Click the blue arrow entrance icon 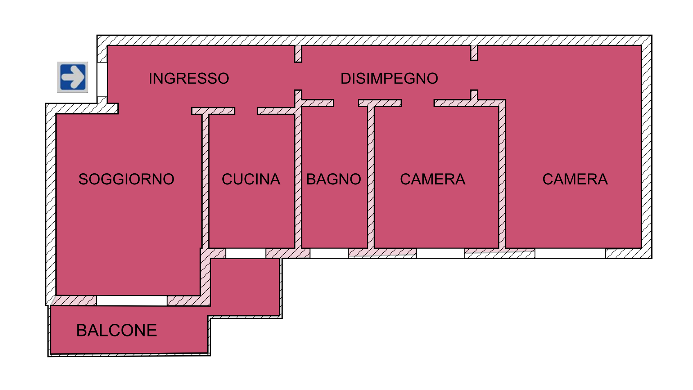[73, 77]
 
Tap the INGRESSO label [189, 78]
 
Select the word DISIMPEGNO [389, 78]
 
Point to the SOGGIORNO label [126, 179]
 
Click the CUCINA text [251, 179]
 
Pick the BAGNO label [334, 179]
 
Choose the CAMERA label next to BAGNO [433, 179]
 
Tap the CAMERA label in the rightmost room [575, 179]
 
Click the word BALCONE [117, 330]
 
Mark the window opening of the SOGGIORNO [132, 301]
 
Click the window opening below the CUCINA [246, 253]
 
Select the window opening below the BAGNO [329, 253]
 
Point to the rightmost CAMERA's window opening [570, 253]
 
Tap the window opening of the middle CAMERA [440, 253]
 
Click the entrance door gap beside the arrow [102, 79]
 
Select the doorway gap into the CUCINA [246, 111]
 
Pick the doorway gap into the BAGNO [346, 103]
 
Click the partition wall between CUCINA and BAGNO [298, 178]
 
